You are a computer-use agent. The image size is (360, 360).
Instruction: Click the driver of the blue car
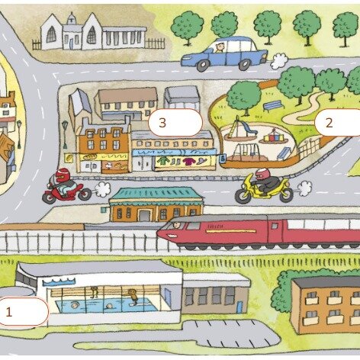coord(219,47)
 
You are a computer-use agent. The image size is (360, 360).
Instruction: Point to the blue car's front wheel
coord(203,66)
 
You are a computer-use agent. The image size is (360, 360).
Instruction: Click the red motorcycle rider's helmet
coord(63,175)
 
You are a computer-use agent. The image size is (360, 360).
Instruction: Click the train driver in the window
coord(176,225)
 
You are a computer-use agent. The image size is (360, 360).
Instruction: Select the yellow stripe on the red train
coord(230,231)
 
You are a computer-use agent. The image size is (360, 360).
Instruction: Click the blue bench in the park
coord(273,105)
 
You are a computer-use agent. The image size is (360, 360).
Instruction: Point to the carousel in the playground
coord(273,137)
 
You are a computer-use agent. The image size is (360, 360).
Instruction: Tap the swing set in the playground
coord(246,152)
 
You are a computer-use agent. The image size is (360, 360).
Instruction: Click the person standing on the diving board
coord(133,296)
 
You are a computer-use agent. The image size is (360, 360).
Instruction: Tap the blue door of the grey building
coord(239,307)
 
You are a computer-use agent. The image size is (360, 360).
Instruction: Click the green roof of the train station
coord(156,194)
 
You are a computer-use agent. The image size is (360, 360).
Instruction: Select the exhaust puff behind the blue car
coord(279,61)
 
